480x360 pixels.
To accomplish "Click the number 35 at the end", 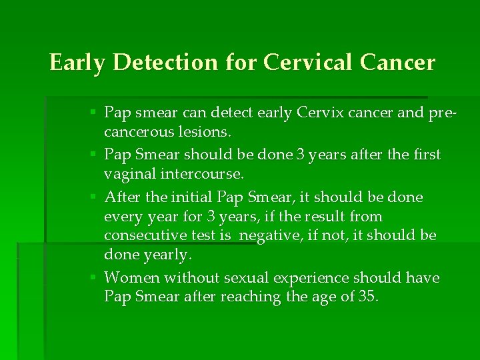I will pyautogui.click(x=367, y=297).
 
